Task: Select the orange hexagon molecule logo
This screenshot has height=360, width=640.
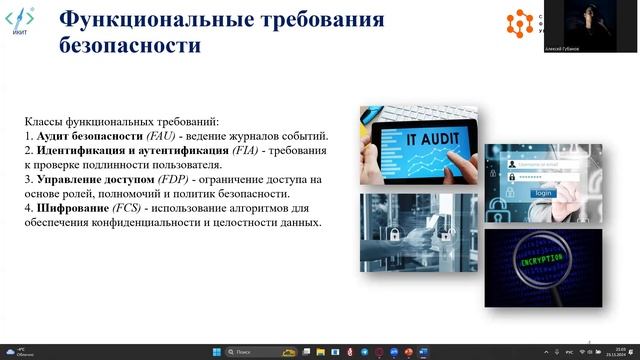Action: point(520,22)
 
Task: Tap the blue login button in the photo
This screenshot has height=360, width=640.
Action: point(541,192)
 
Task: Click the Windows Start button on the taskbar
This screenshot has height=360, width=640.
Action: point(212,352)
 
